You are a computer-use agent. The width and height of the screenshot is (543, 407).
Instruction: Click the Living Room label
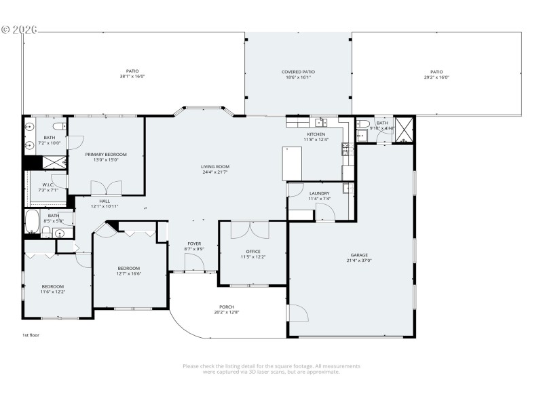click(214, 166)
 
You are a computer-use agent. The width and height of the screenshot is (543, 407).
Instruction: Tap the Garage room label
click(359, 255)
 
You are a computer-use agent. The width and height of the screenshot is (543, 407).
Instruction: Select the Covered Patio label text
click(298, 72)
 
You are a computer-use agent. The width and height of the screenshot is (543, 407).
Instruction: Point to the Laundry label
click(318, 193)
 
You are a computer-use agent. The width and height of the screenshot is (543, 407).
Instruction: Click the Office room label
click(252, 252)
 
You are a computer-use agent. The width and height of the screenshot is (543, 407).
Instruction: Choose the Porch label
click(227, 307)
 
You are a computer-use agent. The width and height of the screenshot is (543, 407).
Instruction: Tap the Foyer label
click(194, 244)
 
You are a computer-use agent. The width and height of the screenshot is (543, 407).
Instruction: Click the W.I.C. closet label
click(48, 185)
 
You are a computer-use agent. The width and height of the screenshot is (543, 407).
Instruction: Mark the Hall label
click(105, 201)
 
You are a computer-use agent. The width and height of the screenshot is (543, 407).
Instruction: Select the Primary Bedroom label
click(106, 155)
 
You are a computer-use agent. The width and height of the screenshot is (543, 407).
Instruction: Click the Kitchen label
click(316, 134)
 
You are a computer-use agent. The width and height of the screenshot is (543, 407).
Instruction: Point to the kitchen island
click(293, 163)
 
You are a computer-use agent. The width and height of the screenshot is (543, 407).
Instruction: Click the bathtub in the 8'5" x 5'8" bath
click(32, 221)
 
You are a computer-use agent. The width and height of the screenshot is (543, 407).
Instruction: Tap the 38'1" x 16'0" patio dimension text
click(132, 77)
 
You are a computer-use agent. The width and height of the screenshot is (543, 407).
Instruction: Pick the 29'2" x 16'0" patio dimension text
click(436, 77)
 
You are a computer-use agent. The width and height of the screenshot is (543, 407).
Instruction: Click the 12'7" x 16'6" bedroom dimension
click(128, 273)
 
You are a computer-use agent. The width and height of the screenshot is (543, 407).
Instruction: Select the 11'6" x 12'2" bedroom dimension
click(52, 292)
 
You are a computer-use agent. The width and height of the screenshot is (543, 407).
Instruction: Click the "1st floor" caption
click(32, 335)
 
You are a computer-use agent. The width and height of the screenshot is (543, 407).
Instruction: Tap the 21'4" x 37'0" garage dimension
click(359, 260)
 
